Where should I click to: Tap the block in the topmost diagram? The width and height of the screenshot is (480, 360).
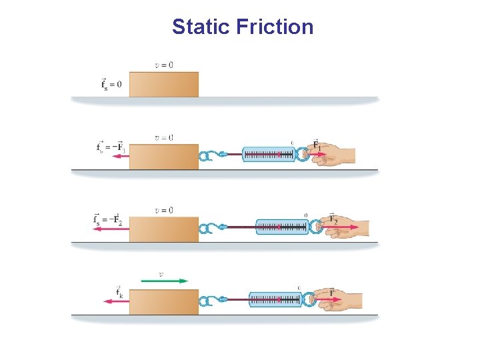(163, 85)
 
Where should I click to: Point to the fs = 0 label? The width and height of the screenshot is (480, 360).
(111, 84)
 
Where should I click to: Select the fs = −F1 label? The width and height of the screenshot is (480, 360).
(110, 147)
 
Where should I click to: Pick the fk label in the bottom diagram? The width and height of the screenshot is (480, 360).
(119, 292)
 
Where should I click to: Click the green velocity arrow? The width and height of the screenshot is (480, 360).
(165, 281)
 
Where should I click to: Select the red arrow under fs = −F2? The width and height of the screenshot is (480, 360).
(111, 229)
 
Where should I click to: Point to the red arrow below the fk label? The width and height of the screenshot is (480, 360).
(116, 301)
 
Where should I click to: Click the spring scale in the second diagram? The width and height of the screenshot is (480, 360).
(269, 155)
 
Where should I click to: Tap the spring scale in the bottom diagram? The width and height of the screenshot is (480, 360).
(276, 300)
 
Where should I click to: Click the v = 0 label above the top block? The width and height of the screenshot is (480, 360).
(164, 65)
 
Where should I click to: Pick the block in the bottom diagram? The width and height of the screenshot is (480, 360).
(163, 302)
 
